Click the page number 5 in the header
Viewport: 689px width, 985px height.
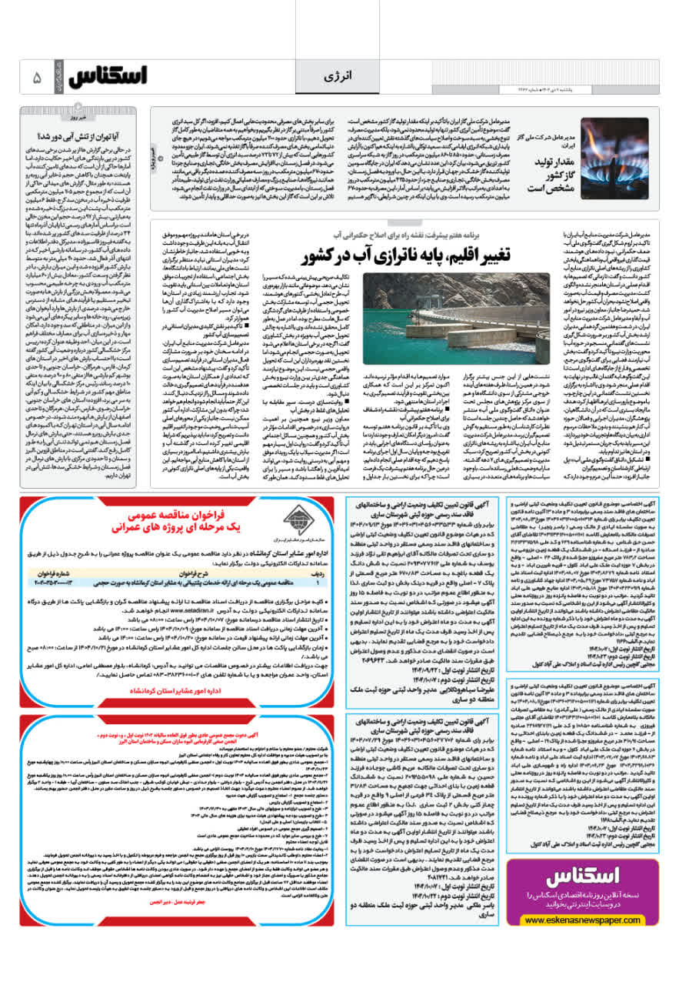pos(35,78)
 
